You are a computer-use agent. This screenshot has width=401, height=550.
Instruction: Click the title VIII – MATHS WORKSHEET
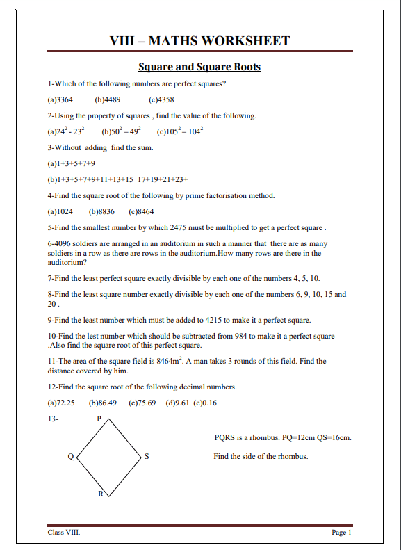tap(200, 41)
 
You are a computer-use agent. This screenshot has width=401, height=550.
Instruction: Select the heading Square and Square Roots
tap(199, 67)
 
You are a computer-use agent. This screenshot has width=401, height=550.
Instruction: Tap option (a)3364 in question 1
tap(60, 99)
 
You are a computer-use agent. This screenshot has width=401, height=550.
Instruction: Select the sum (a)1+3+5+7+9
tap(72, 163)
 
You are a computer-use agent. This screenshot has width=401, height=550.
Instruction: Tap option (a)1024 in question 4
tap(60, 211)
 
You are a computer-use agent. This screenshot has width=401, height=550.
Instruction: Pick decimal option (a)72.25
tap(61, 403)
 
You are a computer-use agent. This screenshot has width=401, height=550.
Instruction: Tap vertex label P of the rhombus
tap(99, 419)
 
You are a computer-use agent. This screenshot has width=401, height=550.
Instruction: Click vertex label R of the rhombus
tap(100, 494)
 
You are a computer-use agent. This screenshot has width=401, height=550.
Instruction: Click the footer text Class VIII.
tap(64, 533)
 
